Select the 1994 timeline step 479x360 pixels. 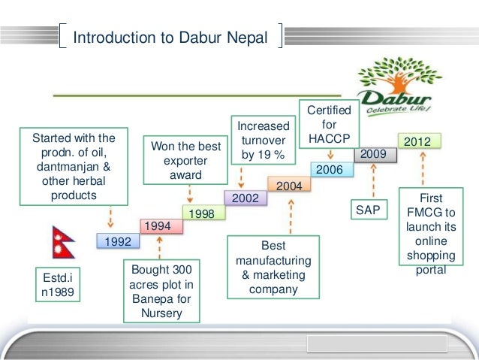point(158,225)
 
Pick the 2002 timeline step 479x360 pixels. point(246,198)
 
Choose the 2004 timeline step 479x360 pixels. point(289,185)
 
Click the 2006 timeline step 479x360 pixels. point(329,170)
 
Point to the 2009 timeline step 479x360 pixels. point(373,154)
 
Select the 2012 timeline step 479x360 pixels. point(417,141)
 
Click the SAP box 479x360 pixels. point(368,210)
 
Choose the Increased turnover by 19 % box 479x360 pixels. point(263,141)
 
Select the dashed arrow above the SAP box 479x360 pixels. point(372,180)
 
